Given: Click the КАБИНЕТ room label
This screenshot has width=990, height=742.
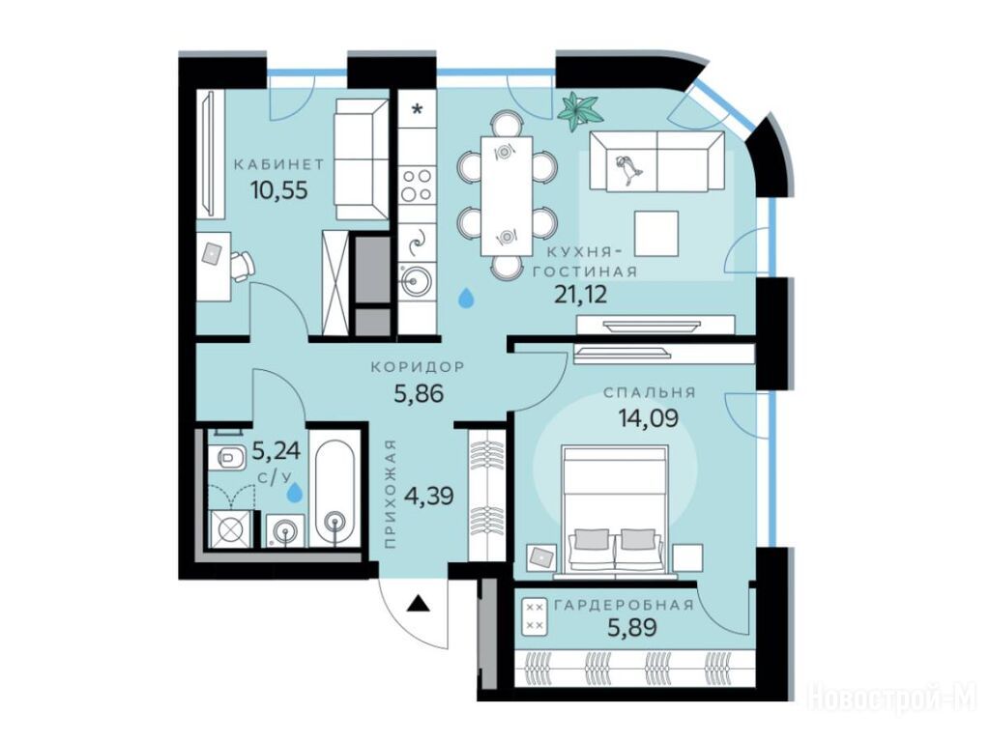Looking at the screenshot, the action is click(x=278, y=165).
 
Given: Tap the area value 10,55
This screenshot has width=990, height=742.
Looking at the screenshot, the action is click(x=279, y=189).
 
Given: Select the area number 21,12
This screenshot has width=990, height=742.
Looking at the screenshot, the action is click(x=580, y=294).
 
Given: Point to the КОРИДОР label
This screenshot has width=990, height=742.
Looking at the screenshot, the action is click(x=418, y=366).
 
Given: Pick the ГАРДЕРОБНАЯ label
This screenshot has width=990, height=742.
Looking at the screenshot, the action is click(x=624, y=605).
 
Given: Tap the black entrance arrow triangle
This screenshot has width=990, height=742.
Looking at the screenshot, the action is click(x=418, y=604).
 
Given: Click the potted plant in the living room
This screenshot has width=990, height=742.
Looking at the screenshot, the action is click(x=578, y=112).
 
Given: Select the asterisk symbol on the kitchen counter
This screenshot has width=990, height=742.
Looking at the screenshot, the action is click(x=418, y=109).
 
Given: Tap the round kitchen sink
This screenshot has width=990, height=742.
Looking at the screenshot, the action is click(x=416, y=279).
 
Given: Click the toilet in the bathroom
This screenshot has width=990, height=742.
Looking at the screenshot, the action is click(x=226, y=457).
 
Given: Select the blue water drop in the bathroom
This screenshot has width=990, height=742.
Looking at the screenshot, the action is click(x=294, y=492).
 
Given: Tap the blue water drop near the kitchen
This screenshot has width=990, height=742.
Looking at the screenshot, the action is click(x=466, y=298).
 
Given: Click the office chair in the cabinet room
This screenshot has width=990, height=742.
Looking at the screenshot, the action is click(x=242, y=266).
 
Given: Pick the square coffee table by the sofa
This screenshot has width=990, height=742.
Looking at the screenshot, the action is click(x=656, y=234).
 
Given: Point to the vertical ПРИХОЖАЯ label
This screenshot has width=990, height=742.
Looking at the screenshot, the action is click(x=391, y=494).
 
